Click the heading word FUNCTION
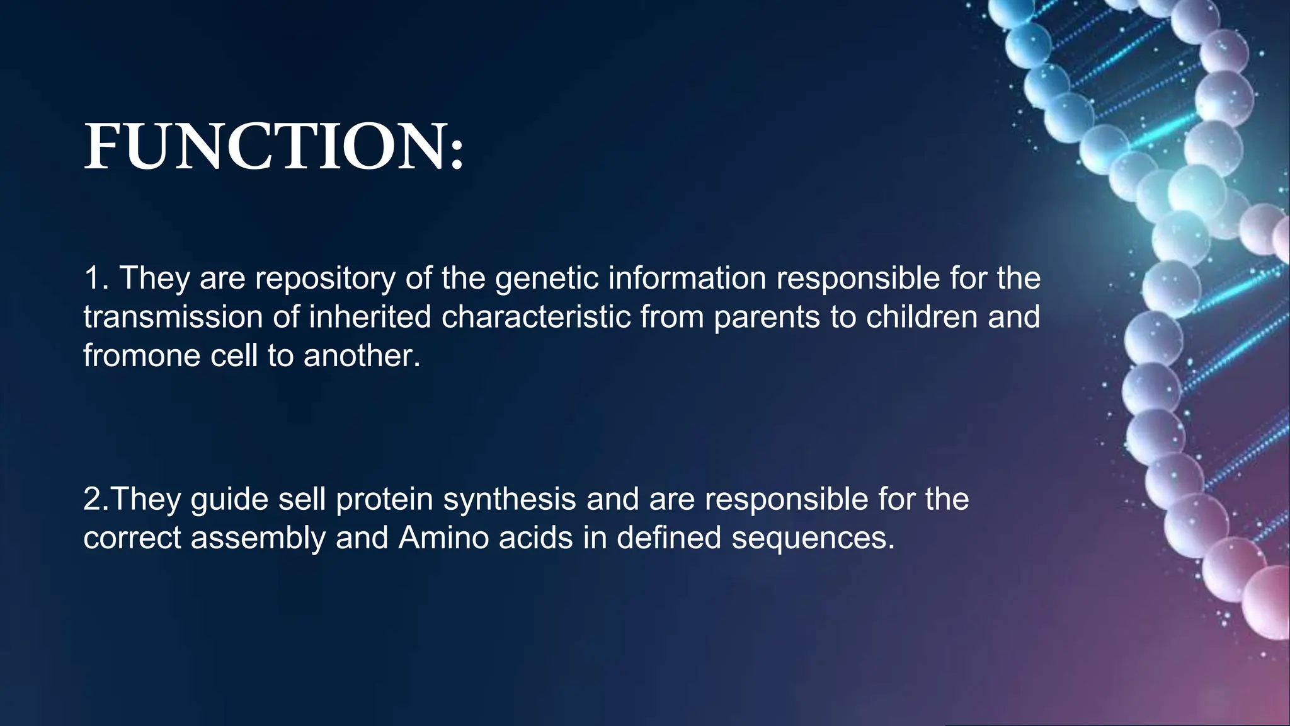tap(265, 146)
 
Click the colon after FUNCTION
tap(457, 154)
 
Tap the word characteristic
tap(536, 317)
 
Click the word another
tap(362, 356)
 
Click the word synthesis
tap(509, 500)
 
